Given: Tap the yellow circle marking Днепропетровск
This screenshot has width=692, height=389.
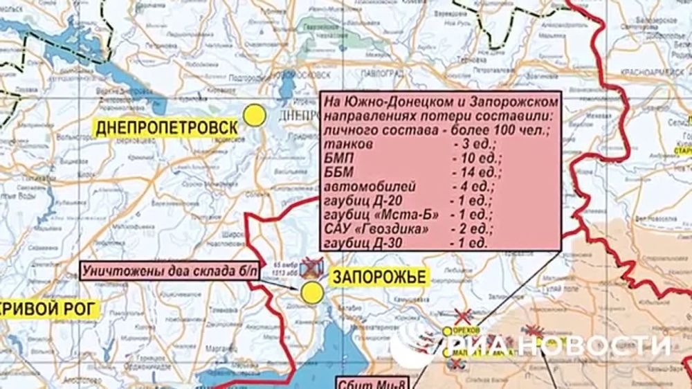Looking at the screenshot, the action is (x=255, y=115).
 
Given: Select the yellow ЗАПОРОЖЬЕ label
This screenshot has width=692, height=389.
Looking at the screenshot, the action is (x=379, y=277).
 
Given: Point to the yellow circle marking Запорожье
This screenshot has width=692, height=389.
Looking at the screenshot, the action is (x=312, y=292).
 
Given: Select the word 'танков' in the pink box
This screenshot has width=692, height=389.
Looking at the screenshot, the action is (x=347, y=145).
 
